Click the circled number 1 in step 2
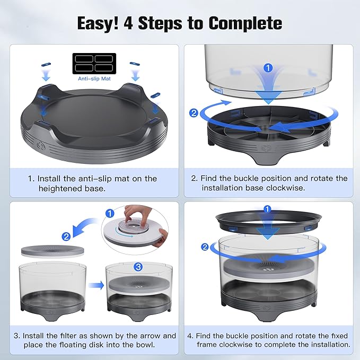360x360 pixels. (x=268, y=67)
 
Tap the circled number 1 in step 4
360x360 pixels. (x=268, y=209)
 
